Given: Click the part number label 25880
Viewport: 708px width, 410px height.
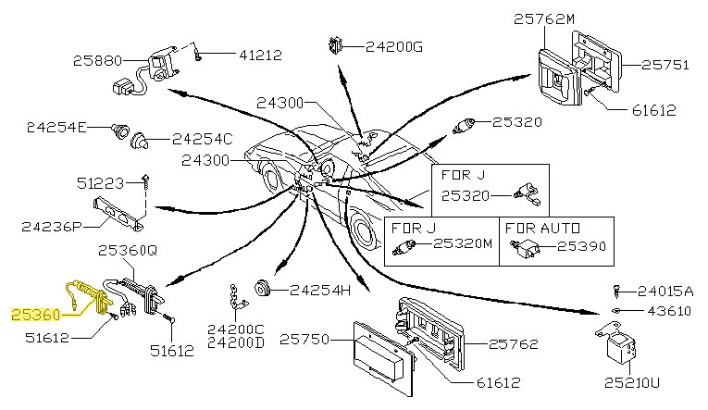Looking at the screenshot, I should coord(96,62).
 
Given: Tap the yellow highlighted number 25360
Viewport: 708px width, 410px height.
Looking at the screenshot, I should coord(34,315).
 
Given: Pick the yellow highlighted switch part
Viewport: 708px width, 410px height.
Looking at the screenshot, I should coord(89,297).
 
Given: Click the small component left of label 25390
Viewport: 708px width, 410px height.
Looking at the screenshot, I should coord(530,247).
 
